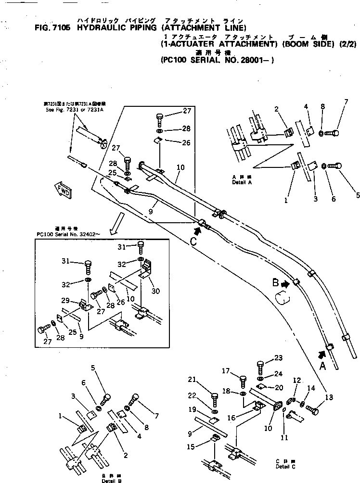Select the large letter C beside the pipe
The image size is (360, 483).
193,242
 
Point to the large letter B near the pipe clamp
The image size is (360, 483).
276,283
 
